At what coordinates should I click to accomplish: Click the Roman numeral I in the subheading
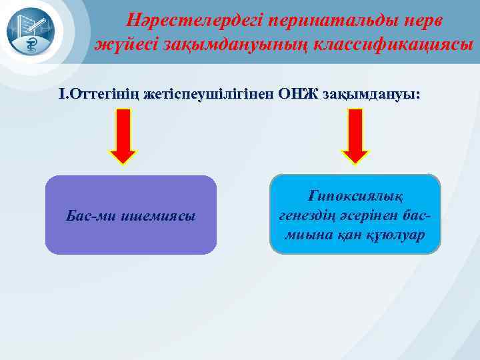point(62,95)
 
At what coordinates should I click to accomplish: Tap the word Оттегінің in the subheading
point(103,95)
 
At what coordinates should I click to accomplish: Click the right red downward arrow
point(355,137)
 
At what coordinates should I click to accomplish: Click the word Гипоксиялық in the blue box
point(355,195)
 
